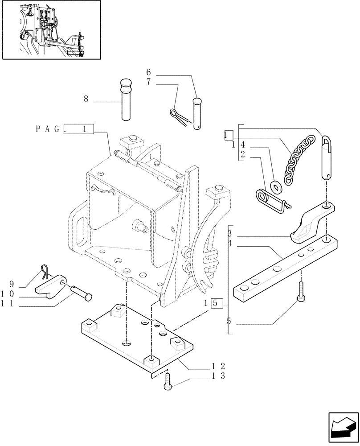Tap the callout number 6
[x=148, y=72]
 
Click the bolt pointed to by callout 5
[x=301, y=293]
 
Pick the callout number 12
[x=218, y=365]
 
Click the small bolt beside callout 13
[x=168, y=383]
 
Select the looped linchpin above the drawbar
[x=327, y=158]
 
